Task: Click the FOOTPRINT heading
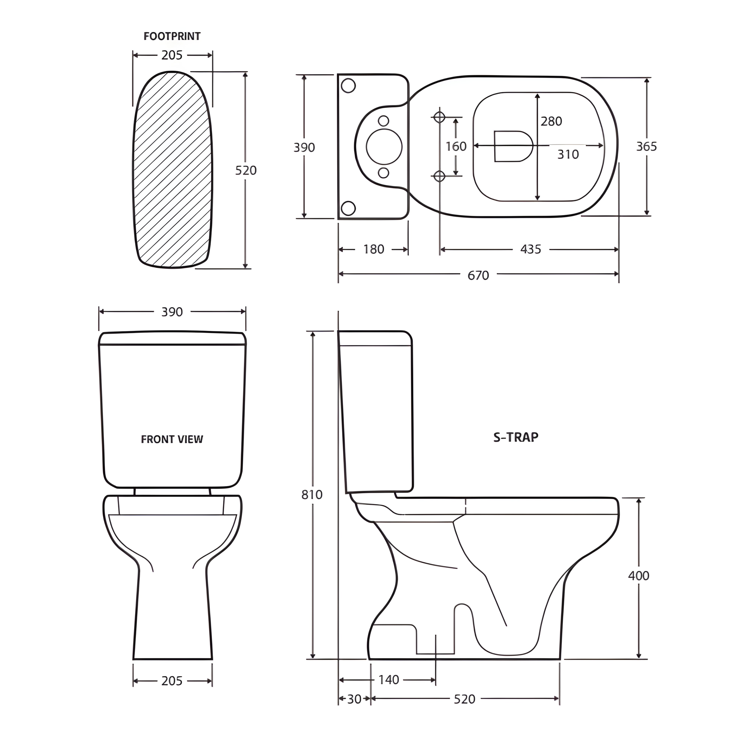pyautogui.click(x=172, y=37)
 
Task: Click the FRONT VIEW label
pyautogui.click(x=172, y=439)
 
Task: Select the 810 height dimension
pyautogui.click(x=312, y=495)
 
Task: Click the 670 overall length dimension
pyautogui.click(x=478, y=275)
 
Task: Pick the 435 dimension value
pyautogui.click(x=531, y=249)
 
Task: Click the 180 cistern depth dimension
pyautogui.click(x=374, y=249)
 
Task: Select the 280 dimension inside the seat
pyautogui.click(x=551, y=121)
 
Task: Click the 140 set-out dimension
pyautogui.click(x=389, y=679)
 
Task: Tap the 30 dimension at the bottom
pyautogui.click(x=354, y=699)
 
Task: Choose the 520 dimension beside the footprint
pyautogui.click(x=246, y=170)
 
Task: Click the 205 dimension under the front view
pyautogui.click(x=172, y=681)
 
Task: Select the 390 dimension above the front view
pyautogui.click(x=172, y=312)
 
